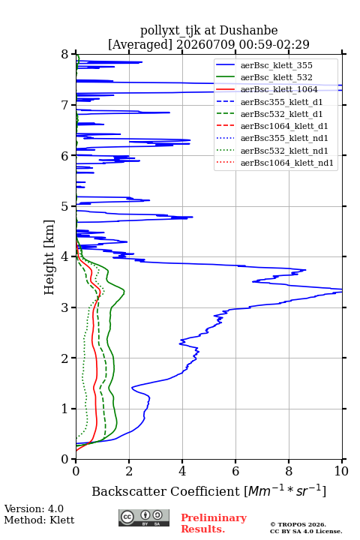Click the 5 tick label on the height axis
coord(65,206)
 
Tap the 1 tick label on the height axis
coord(65,409)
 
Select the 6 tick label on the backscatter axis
coord(235,471)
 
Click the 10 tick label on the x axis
coord(341,471)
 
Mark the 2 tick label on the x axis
coord(129,471)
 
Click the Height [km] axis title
coord(49,257)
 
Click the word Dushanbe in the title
coord(248,30)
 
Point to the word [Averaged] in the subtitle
coord(139,44)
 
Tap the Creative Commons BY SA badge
coord(144,517)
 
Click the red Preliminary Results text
coord(214,523)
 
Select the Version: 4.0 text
coord(34,508)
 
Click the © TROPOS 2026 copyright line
coord(298,524)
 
